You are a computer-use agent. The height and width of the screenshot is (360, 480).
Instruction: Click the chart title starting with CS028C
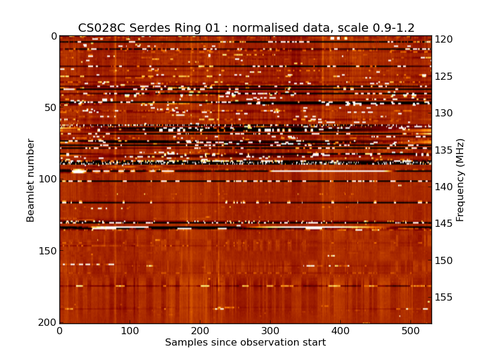[x=246, y=28]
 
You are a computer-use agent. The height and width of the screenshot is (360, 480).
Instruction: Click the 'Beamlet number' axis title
[x=31, y=180]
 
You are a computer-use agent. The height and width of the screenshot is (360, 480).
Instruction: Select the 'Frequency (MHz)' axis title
[x=460, y=180]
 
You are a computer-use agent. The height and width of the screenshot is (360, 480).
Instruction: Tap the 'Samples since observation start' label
[x=245, y=343]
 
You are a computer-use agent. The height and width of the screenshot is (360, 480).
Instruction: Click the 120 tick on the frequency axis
[x=445, y=40]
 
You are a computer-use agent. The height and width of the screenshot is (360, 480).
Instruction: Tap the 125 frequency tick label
[x=445, y=76]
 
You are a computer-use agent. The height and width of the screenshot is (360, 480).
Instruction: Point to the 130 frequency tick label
[x=445, y=113]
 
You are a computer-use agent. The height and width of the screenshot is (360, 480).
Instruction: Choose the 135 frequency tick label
[x=445, y=150]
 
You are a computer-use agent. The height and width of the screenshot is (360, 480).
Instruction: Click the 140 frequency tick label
[x=445, y=187]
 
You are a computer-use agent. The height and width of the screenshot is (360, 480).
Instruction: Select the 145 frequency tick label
[x=445, y=224]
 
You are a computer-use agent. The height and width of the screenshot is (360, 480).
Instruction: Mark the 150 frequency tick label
[x=445, y=261]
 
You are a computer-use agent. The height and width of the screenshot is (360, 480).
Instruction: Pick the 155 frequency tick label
[x=445, y=298]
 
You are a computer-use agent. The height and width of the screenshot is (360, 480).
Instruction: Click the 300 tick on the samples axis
[x=270, y=331]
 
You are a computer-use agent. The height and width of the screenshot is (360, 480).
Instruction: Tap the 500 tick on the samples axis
[x=410, y=331]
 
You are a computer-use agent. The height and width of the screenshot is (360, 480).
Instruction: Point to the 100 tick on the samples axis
[x=130, y=331]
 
